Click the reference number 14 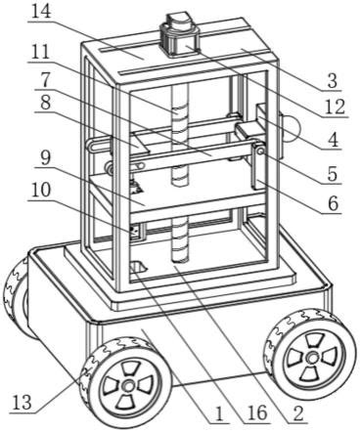point(42,13)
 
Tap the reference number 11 point(40,52)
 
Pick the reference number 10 point(41,190)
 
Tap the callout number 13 point(22,403)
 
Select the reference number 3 point(332,81)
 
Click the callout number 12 point(335,107)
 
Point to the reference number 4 point(333,139)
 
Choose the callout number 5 point(333,174)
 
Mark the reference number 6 point(334,204)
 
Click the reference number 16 point(257,413)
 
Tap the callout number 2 point(298,413)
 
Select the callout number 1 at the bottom point(219,414)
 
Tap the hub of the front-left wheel point(127,385)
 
